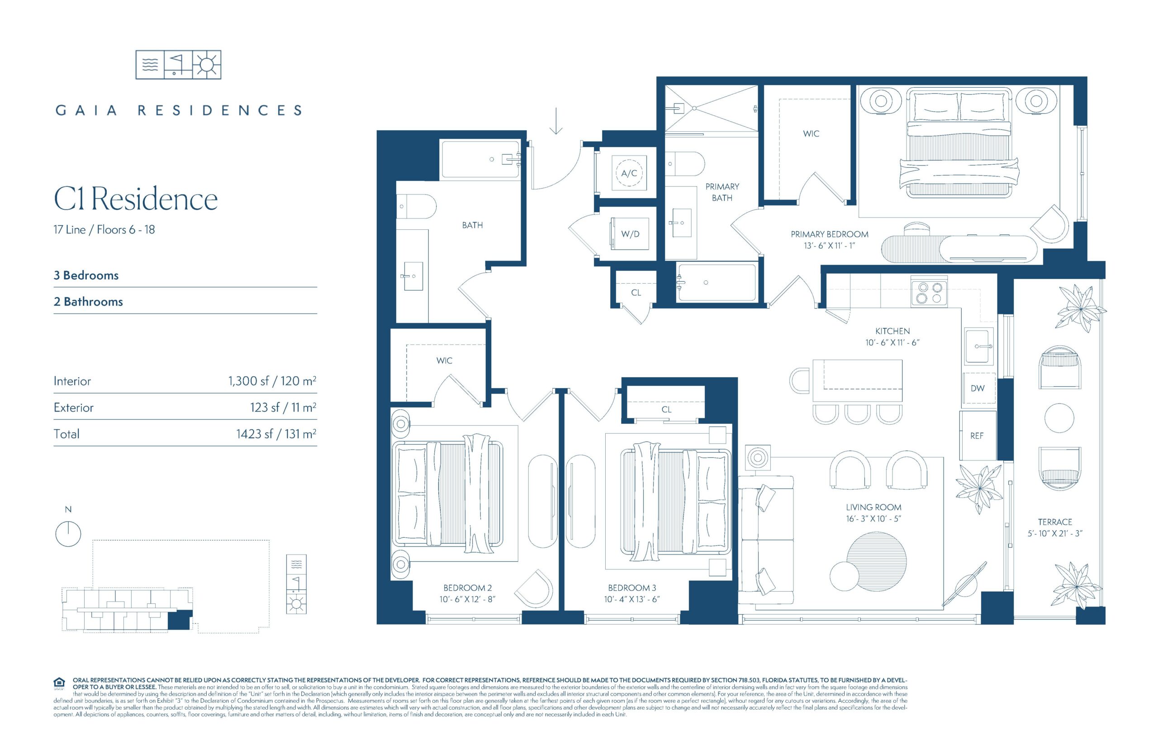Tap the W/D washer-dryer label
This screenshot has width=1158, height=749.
tap(630, 234)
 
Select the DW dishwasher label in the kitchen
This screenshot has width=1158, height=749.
tap(977, 388)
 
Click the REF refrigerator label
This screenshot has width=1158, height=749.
tap(977, 436)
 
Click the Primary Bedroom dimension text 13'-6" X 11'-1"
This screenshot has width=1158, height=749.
tap(829, 246)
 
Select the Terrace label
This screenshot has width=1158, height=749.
tap(1055, 522)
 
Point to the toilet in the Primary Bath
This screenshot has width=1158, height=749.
tap(684, 163)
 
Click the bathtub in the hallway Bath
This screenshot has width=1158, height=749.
tap(480, 159)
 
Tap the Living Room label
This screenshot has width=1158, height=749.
tap(873, 507)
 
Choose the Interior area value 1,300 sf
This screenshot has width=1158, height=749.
tap(248, 381)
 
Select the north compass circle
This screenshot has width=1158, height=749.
tap(68, 534)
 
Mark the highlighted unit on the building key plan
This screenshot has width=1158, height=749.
tap(179, 621)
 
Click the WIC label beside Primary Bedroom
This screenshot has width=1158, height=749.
tap(811, 133)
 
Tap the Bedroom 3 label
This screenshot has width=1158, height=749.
tap(632, 588)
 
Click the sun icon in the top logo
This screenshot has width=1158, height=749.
tap(207, 64)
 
